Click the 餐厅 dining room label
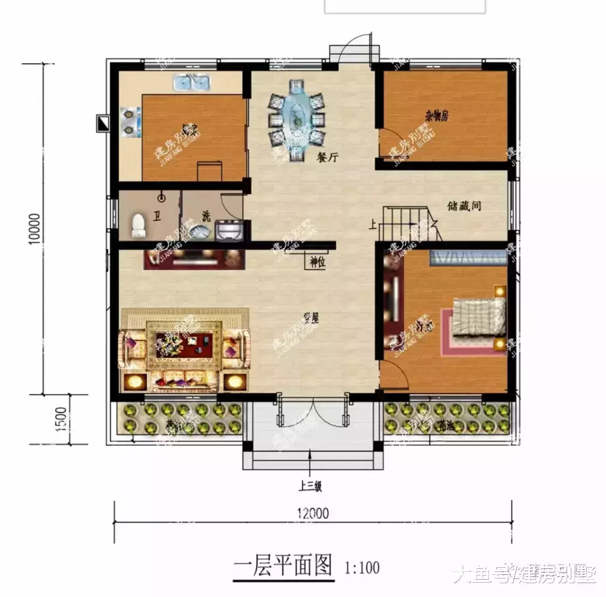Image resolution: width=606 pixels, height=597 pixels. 328,158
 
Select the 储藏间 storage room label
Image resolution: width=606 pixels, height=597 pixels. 464,206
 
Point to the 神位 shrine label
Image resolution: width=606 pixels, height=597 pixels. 317,261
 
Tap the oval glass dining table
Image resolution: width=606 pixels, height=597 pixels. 296,119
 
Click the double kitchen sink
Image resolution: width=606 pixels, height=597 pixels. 191,83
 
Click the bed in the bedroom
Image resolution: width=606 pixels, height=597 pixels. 479,316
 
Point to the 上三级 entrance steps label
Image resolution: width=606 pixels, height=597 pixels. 310,487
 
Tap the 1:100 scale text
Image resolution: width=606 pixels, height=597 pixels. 362,567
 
